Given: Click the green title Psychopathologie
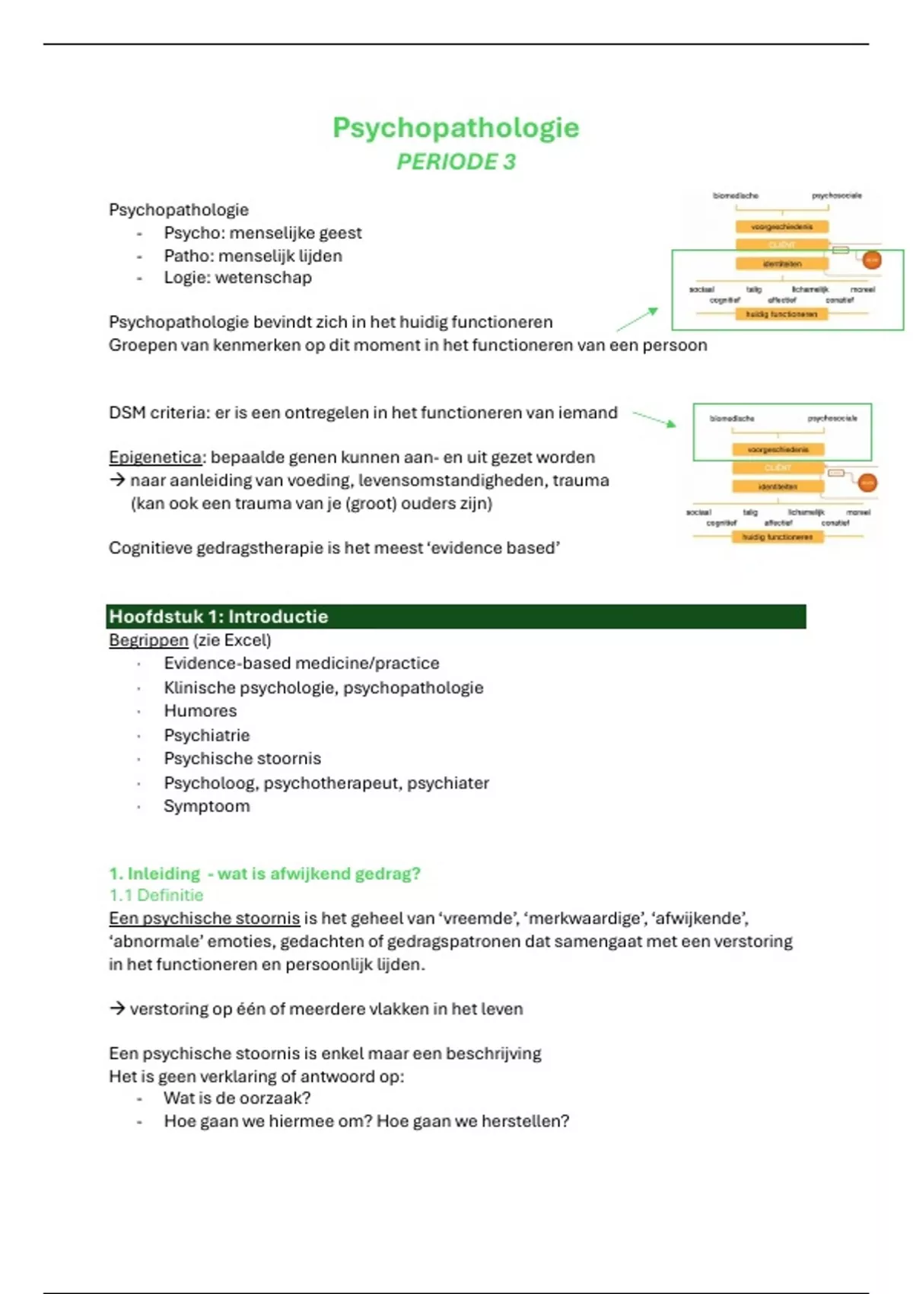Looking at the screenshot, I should click(456, 128).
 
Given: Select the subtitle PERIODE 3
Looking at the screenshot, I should click(456, 162).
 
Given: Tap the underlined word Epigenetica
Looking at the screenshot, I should click(155, 457).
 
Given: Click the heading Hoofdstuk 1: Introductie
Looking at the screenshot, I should click(219, 617).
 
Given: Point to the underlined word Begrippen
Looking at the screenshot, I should click(148, 640).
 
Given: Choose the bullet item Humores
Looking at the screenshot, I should click(200, 711).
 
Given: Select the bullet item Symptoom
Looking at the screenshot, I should click(206, 806).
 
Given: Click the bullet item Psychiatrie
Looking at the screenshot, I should click(206, 735).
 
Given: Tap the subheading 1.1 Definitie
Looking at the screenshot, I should click(156, 895).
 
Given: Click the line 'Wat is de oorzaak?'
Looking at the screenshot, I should click(237, 1098).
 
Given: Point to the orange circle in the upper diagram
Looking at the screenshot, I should click(871, 260).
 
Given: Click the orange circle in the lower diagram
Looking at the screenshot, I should click(867, 483).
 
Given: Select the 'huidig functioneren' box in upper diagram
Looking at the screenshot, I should click(781, 314).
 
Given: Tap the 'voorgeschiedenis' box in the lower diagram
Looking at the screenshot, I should click(778, 450).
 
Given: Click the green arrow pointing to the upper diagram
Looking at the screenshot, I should click(638, 320).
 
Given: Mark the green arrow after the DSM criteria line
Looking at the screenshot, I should click(654, 419).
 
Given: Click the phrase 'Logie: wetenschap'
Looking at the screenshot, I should click(237, 278).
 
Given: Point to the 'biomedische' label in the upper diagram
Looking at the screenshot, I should click(735, 196).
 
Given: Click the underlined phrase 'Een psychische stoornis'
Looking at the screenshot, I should click(204, 919).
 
